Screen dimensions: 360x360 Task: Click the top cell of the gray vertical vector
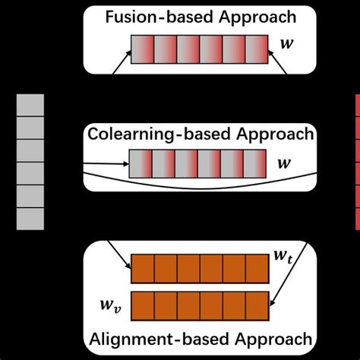[30, 106]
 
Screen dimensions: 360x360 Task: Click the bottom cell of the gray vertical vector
[30, 218]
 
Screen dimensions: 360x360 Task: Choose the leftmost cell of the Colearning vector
[143, 163]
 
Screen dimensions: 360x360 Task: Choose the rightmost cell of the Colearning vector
[256, 163]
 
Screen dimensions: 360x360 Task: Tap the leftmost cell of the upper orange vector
[144, 270]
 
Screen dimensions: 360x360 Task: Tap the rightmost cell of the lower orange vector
[258, 305]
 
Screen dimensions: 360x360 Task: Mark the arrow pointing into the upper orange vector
[118, 254]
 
